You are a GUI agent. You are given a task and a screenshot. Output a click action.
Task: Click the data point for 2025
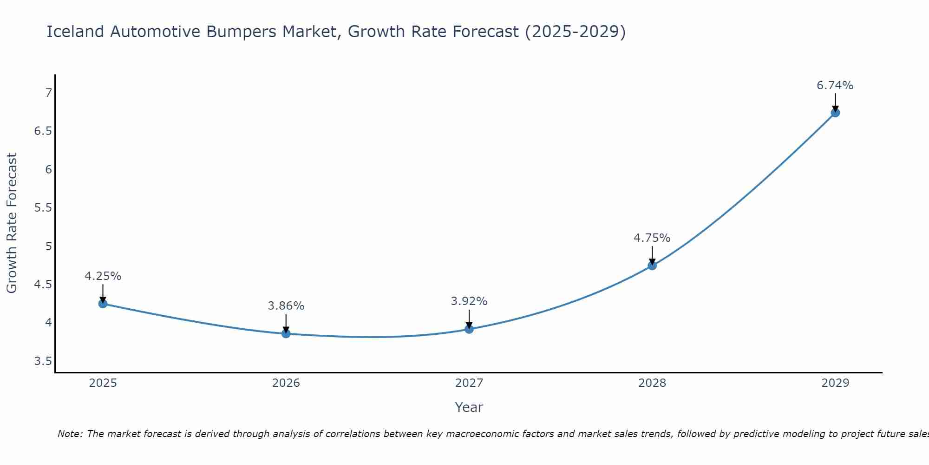[103, 304]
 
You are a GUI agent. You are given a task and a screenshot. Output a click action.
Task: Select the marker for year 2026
[286, 333]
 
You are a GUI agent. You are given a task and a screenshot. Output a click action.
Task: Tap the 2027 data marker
[469, 329]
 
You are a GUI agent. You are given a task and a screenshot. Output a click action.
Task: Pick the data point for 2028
[652, 266]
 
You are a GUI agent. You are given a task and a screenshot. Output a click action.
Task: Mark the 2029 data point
[835, 113]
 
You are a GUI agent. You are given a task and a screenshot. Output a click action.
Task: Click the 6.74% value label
[835, 86]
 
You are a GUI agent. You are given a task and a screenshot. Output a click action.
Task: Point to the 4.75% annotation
[652, 238]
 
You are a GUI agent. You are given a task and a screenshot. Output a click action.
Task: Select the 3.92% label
[469, 301]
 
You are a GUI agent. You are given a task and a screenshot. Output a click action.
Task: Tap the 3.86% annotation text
[286, 306]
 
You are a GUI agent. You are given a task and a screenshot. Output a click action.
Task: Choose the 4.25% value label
[103, 276]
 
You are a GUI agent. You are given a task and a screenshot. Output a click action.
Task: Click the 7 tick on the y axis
[48, 93]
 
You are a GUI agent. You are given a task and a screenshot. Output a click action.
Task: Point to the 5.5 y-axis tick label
[43, 207]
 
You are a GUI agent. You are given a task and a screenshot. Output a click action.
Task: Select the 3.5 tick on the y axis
[43, 361]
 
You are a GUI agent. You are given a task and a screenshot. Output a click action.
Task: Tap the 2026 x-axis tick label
[286, 383]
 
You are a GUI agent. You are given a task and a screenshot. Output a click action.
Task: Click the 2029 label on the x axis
[835, 383]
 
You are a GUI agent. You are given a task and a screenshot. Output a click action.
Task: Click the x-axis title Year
[469, 407]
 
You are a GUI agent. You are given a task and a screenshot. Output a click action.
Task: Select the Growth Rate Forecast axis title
[12, 223]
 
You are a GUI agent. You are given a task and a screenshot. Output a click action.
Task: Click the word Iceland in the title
[75, 32]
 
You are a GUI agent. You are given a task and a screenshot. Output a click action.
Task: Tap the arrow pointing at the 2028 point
[652, 255]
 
